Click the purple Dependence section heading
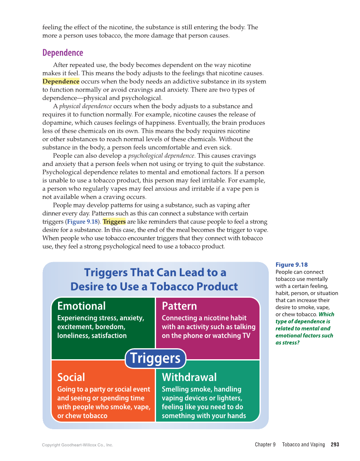(x=63, y=53)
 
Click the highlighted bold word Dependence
(x=61, y=81)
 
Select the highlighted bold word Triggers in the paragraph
(x=114, y=222)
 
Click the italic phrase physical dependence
(x=85, y=106)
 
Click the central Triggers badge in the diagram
(x=155, y=358)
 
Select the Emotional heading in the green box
(x=81, y=306)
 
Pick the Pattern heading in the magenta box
(x=179, y=306)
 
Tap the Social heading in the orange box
(x=71, y=377)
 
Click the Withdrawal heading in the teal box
(x=189, y=377)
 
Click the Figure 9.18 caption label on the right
(x=292, y=265)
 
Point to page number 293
(x=335, y=444)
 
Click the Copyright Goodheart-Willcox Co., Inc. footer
(x=78, y=445)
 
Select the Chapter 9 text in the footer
(x=265, y=444)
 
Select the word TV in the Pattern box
(x=246, y=335)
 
